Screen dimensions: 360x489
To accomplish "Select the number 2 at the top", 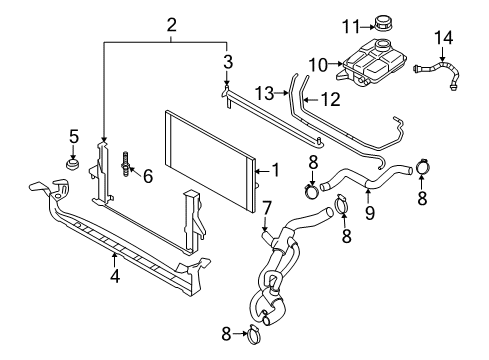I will click(171, 24).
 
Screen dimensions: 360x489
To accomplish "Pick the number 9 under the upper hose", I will click(369, 213).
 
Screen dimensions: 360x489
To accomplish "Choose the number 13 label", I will click(263, 92).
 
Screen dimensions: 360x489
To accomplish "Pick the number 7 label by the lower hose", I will click(267, 207).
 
